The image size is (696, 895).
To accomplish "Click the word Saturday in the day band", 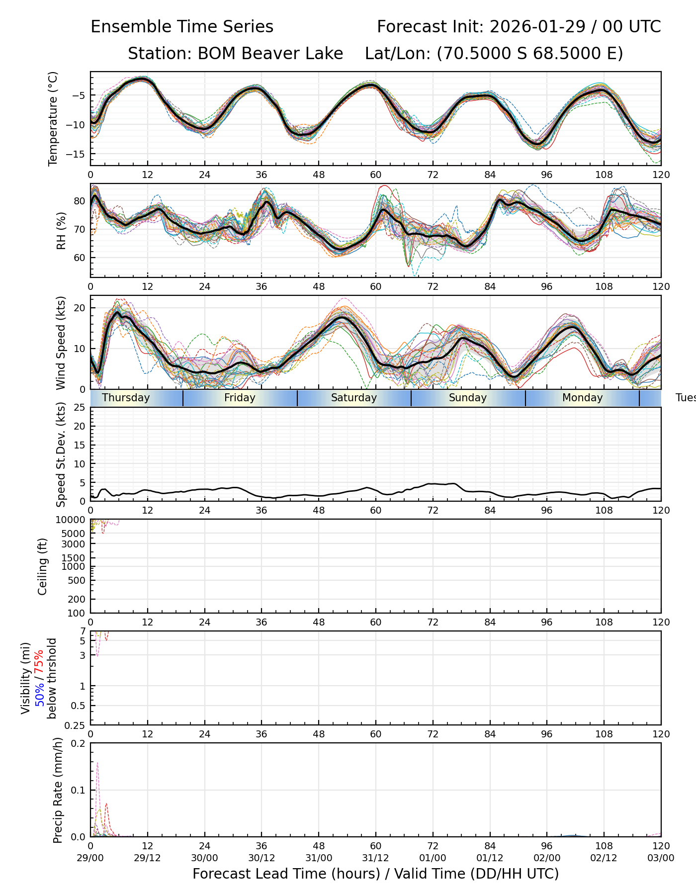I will [x=353, y=398].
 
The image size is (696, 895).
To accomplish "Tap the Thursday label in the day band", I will [x=126, y=398].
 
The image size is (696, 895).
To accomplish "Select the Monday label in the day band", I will [x=582, y=398].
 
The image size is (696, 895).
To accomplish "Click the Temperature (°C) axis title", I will [x=53, y=118].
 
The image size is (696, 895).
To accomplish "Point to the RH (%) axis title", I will [x=61, y=231].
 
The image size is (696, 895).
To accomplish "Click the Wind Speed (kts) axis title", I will [x=61, y=343].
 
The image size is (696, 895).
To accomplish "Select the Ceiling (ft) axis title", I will [x=43, y=566].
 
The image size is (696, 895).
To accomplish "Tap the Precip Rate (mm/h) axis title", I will [x=58, y=790].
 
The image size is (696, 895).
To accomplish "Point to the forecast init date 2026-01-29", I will [x=538, y=27].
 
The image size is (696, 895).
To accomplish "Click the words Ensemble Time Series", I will [x=182, y=27].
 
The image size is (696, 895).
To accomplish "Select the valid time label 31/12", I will [x=375, y=858].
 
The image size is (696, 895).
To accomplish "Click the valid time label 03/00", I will [x=661, y=858].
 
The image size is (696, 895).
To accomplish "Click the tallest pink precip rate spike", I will [x=97, y=764].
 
